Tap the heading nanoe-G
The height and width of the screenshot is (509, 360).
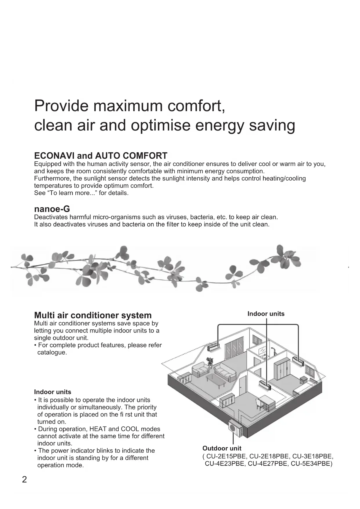[x=52, y=209]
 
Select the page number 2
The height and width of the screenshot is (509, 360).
[x=24, y=479]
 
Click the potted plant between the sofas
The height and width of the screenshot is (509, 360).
[x=210, y=362]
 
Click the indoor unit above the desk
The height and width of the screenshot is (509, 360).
[x=265, y=385]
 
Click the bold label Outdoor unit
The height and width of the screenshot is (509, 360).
[x=222, y=448]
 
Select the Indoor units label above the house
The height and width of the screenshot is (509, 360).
[x=266, y=314]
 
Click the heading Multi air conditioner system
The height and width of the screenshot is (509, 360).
[x=93, y=315]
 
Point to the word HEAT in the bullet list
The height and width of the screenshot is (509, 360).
[x=98, y=429]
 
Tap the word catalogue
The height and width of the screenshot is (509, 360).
[x=52, y=353]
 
